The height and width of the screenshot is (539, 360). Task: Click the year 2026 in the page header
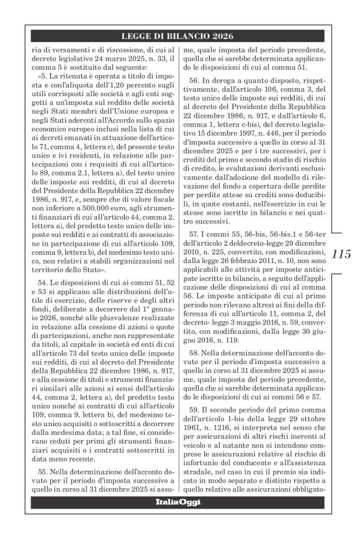click(x=224, y=35)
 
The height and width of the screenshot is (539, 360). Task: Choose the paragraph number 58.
click(x=198, y=353)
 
